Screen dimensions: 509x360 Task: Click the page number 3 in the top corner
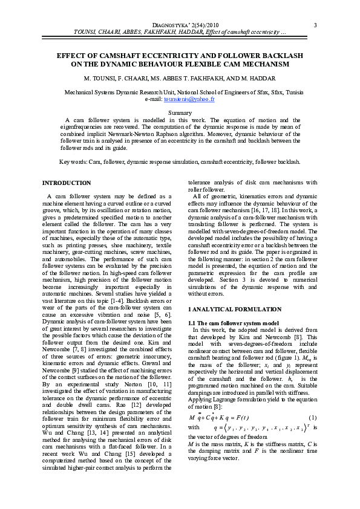point(316,25)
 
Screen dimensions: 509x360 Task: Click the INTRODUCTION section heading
point(66,182)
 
